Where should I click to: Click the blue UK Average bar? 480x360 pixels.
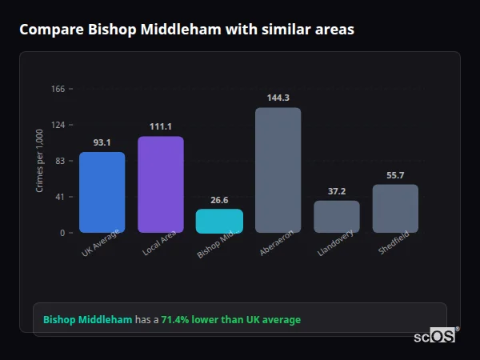pos(102,192)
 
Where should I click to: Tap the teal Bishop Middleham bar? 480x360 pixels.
pos(219,221)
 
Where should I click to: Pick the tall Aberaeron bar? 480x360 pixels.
pos(278,170)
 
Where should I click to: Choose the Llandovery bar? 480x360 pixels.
pos(337,216)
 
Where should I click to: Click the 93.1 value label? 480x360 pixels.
pos(102,142)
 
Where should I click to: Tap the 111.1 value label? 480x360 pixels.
pos(160,126)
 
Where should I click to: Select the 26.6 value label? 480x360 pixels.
pos(219,200)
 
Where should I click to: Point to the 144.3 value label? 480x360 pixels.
pos(278,98)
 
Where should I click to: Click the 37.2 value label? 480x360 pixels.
pos(337,191)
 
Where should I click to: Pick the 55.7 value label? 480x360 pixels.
pos(395,175)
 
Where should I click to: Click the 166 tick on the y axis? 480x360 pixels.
pos(58,89)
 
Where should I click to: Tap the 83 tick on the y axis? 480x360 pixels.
pos(60,161)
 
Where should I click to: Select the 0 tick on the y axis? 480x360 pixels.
pos(62,233)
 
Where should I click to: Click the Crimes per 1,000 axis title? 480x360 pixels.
pos(40,161)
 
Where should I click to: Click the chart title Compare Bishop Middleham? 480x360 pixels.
pos(186,30)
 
